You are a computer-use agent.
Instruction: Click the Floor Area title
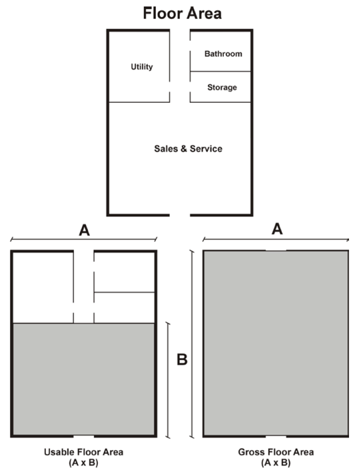pyautogui.click(x=182, y=13)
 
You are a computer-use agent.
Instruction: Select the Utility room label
pyautogui.click(x=141, y=67)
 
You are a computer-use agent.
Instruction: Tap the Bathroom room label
pyautogui.click(x=223, y=53)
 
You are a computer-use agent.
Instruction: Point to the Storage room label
pyautogui.click(x=222, y=87)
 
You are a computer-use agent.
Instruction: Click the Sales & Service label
pyautogui.click(x=188, y=149)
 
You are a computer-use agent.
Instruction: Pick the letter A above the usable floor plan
pyautogui.click(x=84, y=230)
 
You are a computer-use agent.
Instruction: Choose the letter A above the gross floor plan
pyautogui.click(x=277, y=229)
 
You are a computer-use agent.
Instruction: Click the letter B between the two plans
pyautogui.click(x=182, y=360)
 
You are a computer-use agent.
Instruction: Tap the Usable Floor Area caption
pyautogui.click(x=84, y=452)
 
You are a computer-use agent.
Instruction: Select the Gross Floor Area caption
pyautogui.click(x=276, y=452)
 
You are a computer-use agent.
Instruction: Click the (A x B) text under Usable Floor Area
pyautogui.click(x=84, y=463)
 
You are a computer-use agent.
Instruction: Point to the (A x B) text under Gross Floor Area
pyautogui.click(x=276, y=463)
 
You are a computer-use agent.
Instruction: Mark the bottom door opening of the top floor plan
pyautogui.click(x=180, y=215)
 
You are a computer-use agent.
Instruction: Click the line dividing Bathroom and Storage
pyautogui.click(x=220, y=71)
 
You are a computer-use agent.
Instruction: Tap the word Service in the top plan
pyautogui.click(x=206, y=149)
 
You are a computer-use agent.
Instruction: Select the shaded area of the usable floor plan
pyautogui.click(x=84, y=379)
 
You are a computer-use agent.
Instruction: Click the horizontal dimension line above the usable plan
pyautogui.click(x=84, y=239)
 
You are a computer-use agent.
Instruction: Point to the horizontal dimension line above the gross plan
pyautogui.click(x=276, y=239)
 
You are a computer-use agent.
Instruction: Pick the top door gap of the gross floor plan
pyautogui.click(x=276, y=250)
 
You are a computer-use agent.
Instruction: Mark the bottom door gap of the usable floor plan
pyautogui.click(x=84, y=436)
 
